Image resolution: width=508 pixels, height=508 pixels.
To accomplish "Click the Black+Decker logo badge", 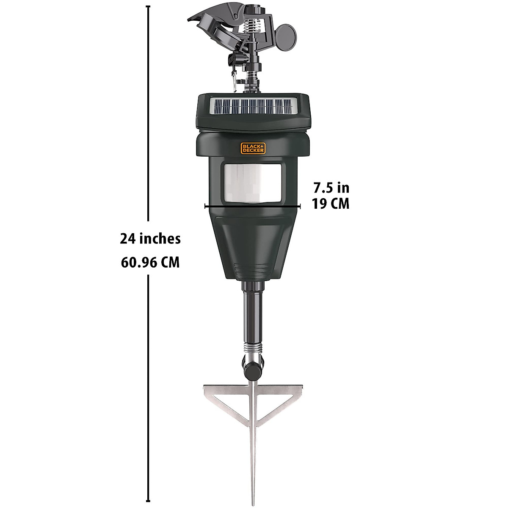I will click(253, 147).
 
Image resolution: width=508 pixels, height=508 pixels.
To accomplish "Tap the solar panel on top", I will click(253, 105).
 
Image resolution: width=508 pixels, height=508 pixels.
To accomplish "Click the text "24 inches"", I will click(150, 239).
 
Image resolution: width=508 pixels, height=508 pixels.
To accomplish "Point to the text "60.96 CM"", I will click(150, 263).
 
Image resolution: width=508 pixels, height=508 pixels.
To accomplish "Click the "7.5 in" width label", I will click(331, 187).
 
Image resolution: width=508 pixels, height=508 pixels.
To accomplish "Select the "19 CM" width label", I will click(331, 204).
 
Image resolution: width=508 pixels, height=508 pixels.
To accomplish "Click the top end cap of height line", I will click(148, 7).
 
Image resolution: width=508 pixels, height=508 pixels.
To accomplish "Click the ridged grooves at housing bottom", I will click(253, 269).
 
